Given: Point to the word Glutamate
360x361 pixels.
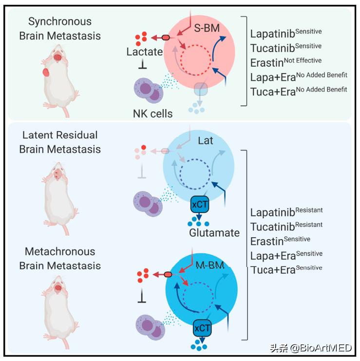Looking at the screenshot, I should click(214, 233).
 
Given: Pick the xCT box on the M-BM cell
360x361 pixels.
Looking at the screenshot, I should click(202, 328).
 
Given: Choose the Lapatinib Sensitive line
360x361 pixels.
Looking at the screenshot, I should click(286, 34).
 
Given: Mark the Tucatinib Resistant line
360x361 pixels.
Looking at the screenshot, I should click(286, 227).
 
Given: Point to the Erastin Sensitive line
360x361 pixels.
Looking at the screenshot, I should click(280, 241).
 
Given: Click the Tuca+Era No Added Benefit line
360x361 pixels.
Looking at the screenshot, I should click(299, 91).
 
